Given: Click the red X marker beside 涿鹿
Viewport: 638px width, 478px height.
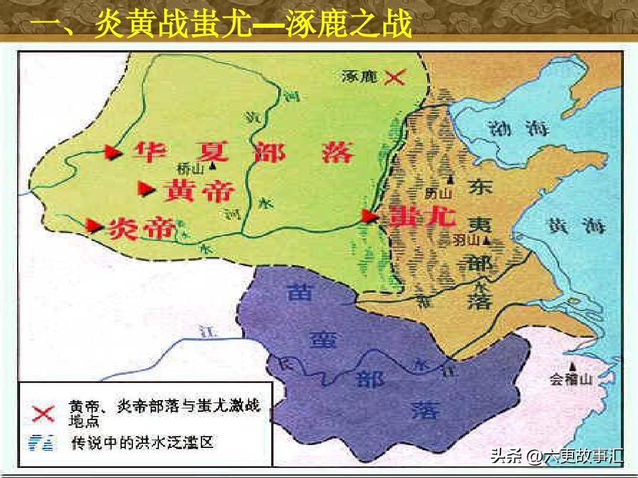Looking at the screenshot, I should [395, 77].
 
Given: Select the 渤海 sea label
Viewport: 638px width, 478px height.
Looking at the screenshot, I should [515, 127].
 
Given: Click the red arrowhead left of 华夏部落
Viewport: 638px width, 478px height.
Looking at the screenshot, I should [112, 152].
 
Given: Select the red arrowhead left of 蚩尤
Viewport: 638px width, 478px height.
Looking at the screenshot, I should [370, 217].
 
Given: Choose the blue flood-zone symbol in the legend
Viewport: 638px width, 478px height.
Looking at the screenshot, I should [43, 441].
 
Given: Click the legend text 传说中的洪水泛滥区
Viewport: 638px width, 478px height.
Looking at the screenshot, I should [141, 441].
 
